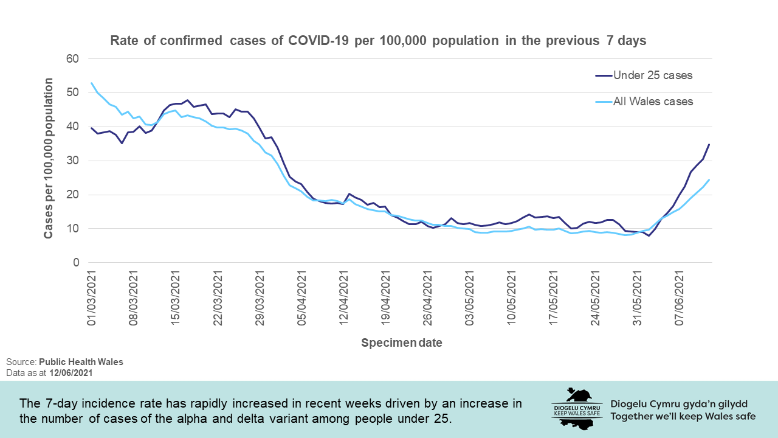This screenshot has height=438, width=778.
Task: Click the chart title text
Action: click(377, 41)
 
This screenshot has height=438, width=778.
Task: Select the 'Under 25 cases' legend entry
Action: click(653, 75)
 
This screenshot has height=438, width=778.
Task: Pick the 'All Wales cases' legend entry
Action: click(653, 102)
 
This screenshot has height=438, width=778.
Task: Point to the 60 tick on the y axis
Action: click(74, 59)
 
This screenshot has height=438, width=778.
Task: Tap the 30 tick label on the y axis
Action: click(74, 161)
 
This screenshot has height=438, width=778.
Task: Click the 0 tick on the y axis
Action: click(77, 263)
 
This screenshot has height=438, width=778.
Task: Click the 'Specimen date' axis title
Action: click(402, 343)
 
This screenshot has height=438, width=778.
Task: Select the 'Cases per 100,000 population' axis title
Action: click(48, 158)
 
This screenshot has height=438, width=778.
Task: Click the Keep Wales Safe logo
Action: click(576, 408)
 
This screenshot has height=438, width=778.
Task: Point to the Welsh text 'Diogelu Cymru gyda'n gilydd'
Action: click(678, 404)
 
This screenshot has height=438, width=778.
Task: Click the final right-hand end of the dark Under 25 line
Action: click(709, 145)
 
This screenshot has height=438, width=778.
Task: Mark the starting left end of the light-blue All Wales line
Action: click(92, 83)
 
